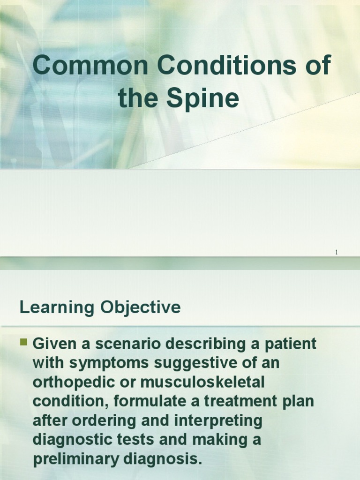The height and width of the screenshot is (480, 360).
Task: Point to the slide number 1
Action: [x=336, y=253]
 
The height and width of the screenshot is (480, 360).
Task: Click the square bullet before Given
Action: [x=24, y=342]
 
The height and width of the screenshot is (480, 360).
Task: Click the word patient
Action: [x=290, y=344]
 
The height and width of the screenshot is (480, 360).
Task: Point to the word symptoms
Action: [x=106, y=363]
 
